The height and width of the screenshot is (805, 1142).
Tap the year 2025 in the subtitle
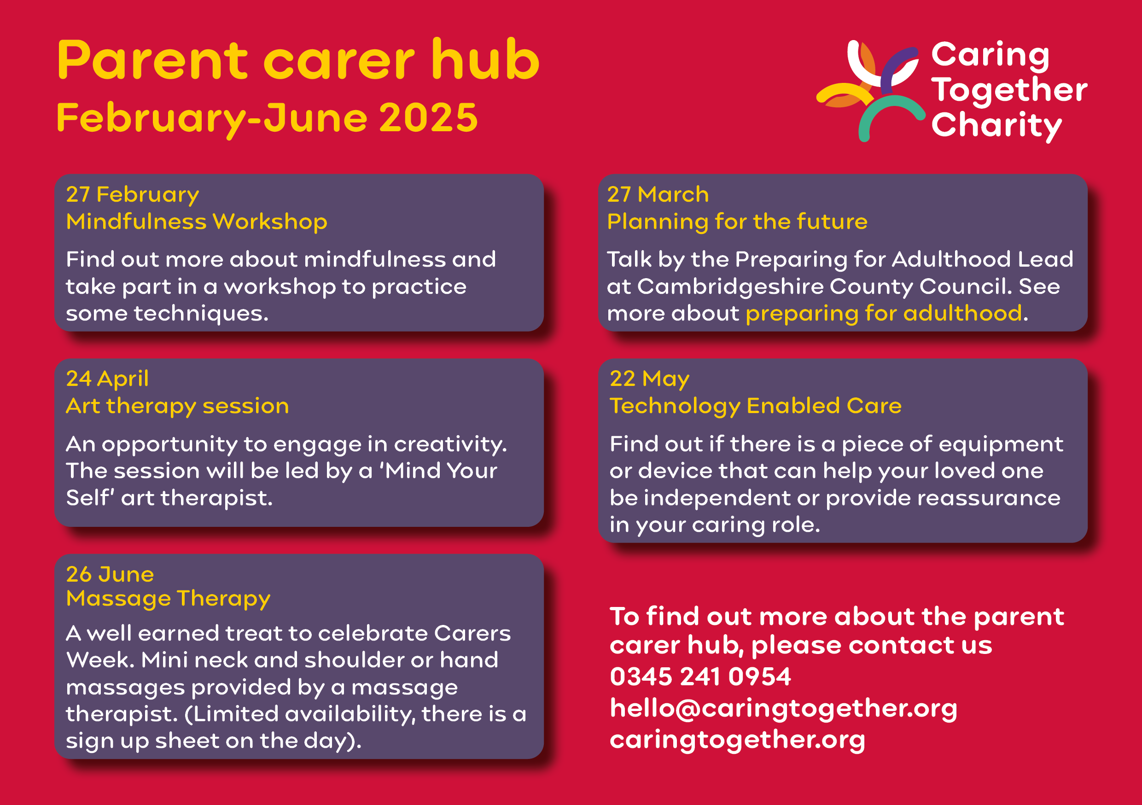428,118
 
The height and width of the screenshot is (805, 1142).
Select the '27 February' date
132,194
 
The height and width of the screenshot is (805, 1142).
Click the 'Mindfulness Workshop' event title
197,222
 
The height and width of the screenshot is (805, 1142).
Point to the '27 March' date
658,194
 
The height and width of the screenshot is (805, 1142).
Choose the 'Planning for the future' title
737,222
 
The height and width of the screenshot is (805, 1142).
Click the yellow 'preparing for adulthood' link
884,314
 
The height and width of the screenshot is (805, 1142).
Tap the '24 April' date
107,379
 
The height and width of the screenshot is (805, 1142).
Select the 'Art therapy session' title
178,406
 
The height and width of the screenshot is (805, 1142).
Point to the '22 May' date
650,379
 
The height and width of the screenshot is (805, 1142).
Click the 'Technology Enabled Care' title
756,406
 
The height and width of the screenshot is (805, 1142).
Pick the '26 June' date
110,575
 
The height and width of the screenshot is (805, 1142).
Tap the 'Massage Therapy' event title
168,599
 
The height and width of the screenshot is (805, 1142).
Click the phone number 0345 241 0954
700,677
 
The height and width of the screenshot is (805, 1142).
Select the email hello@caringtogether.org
783,708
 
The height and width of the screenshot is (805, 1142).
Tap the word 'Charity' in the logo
997,125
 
